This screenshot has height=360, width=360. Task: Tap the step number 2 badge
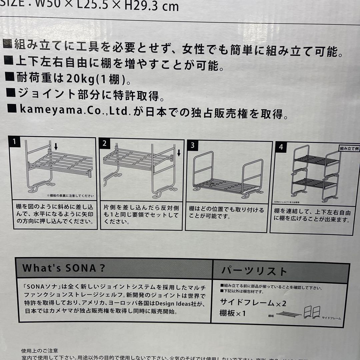tap(105, 143)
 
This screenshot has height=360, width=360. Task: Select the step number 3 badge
tap(192, 145)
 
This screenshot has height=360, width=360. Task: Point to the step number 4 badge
tap(281, 147)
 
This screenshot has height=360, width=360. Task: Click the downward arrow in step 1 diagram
tap(56, 146)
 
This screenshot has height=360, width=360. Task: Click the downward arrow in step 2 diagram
tap(178, 153)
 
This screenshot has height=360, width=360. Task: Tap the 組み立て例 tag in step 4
tap(349, 148)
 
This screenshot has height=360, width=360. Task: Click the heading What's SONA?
tap(64, 268)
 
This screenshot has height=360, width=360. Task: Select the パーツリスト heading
tap(254, 271)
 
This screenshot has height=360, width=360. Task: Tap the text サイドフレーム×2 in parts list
tap(253, 303)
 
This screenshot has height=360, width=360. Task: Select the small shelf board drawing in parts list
tap(288, 314)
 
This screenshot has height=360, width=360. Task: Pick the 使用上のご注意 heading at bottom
tap(40, 350)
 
